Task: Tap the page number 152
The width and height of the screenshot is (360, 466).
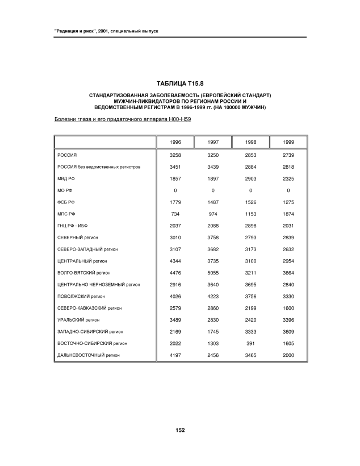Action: pos(180,430)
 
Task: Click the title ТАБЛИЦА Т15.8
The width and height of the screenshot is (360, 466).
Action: pos(180,84)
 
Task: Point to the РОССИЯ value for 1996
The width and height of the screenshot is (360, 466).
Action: pos(175,155)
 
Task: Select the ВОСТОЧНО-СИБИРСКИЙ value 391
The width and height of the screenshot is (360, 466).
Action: pos(250,343)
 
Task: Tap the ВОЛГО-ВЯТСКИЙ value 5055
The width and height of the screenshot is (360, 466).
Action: pos(212,273)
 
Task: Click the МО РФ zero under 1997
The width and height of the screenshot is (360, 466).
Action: pos(212,190)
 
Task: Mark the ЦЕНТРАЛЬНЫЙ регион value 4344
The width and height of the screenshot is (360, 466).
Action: pos(175,261)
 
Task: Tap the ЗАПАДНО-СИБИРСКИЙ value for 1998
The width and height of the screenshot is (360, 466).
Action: pos(250,331)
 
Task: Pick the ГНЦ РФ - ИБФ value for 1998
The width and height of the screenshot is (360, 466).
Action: pos(250,226)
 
